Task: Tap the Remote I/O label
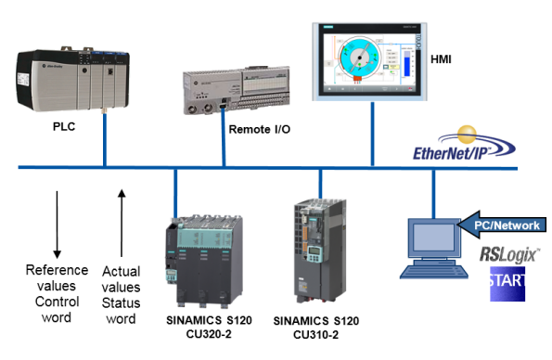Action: (260, 128)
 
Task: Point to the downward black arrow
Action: (57, 224)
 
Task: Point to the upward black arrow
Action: (122, 224)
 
